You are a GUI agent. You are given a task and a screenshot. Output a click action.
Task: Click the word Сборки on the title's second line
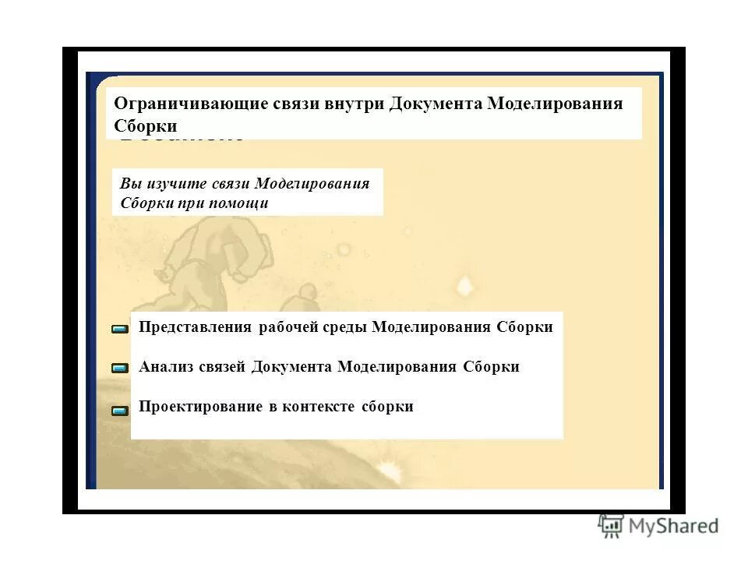(146, 125)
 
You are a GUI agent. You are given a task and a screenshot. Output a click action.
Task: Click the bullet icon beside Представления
(120, 330)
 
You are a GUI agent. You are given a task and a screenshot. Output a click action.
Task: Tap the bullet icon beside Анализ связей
(120, 369)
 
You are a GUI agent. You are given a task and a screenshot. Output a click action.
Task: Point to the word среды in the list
(346, 327)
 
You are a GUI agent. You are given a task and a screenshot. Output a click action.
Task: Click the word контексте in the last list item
(319, 407)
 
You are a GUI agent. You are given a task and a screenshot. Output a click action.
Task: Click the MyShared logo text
(674, 527)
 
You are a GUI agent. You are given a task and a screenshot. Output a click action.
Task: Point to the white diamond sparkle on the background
(464, 285)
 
